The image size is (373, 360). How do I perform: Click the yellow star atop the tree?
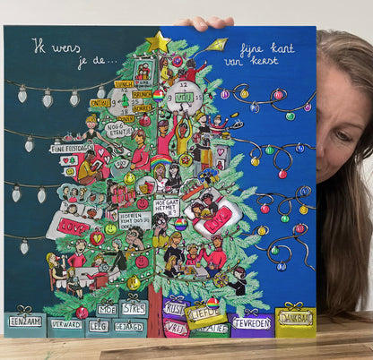pyautogui.click(x=158, y=41)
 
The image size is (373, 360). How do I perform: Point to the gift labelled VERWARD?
pyautogui.click(x=65, y=324)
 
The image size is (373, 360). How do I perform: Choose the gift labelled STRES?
pyautogui.click(x=134, y=309)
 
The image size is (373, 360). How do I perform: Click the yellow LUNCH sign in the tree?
pyautogui.click(x=124, y=84)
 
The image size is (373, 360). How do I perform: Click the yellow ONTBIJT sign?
pyautogui.click(x=100, y=102)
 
